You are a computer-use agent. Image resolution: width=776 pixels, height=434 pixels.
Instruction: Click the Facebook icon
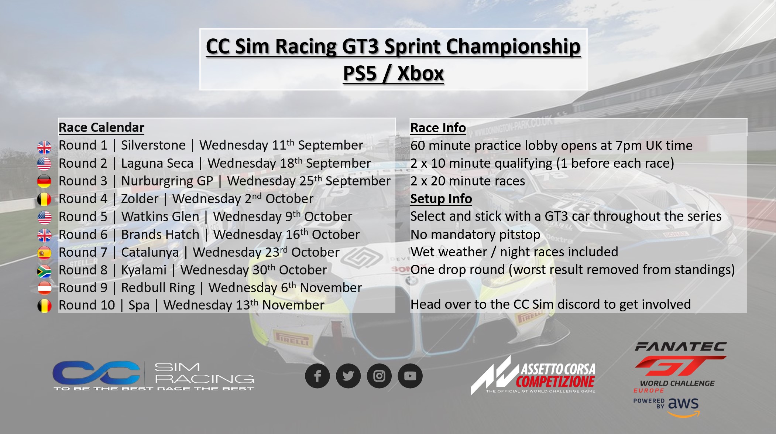pyautogui.click(x=317, y=376)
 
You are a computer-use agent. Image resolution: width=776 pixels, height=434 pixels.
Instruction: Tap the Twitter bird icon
pyautogui.click(x=348, y=376)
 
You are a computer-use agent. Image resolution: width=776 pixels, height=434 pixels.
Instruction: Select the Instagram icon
pyautogui.click(x=379, y=376)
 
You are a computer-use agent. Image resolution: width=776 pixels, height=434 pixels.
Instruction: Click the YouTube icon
pyautogui.click(x=410, y=376)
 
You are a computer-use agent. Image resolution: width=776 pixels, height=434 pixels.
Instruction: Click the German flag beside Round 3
pyautogui.click(x=44, y=181)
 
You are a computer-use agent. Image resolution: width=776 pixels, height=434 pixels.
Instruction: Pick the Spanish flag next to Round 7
pyautogui.click(x=44, y=253)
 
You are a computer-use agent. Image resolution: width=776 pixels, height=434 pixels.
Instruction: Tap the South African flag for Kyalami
pyautogui.click(x=44, y=271)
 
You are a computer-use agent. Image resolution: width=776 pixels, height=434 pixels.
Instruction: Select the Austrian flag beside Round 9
pyautogui.click(x=44, y=288)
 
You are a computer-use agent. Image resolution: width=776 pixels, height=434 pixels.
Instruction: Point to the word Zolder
pyautogui.click(x=140, y=199)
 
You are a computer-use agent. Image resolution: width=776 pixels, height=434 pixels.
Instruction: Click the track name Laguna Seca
pyautogui.click(x=157, y=163)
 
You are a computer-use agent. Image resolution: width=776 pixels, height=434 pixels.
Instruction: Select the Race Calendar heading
pyautogui.click(x=102, y=127)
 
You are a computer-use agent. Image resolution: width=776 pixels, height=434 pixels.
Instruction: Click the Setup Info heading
pyautogui.click(x=441, y=199)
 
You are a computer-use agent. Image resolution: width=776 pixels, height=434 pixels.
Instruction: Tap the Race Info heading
pyautogui.click(x=438, y=128)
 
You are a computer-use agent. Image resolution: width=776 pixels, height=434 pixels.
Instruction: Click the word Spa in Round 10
pyautogui.click(x=139, y=305)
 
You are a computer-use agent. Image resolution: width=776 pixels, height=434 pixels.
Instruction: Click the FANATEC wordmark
pyautogui.click(x=681, y=346)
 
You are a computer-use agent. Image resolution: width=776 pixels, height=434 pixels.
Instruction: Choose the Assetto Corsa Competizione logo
pyautogui.click(x=533, y=375)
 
